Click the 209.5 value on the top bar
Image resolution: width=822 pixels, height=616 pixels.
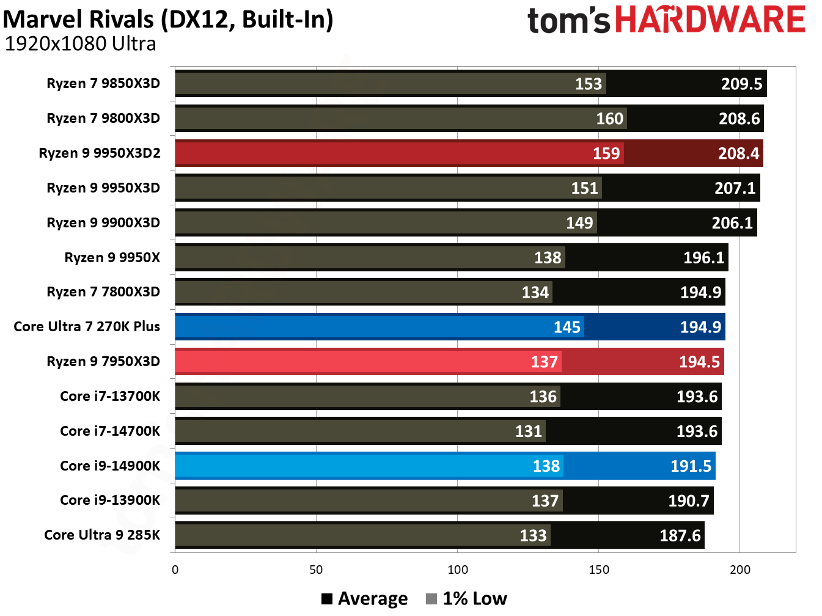(x=741, y=84)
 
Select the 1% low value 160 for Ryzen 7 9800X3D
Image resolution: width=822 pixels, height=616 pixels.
(x=609, y=119)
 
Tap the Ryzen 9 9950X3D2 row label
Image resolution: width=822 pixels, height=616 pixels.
(x=100, y=153)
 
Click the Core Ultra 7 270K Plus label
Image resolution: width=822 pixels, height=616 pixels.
(x=87, y=326)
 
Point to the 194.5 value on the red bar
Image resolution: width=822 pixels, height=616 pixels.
(x=699, y=362)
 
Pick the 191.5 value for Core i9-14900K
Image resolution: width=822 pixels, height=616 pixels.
(x=691, y=466)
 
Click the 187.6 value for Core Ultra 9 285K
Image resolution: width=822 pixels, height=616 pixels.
(x=680, y=536)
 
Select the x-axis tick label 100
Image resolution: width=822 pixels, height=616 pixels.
(x=457, y=570)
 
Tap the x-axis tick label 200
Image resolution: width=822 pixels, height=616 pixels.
(x=739, y=570)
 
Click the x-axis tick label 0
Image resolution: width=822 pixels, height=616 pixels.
(x=175, y=570)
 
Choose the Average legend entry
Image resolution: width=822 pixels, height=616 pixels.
(x=365, y=599)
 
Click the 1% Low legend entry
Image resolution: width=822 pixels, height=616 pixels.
(x=467, y=599)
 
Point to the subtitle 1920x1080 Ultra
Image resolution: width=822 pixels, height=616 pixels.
(x=80, y=44)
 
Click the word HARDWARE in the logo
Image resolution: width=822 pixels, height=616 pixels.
(x=710, y=20)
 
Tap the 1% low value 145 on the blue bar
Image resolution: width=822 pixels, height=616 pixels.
(x=567, y=327)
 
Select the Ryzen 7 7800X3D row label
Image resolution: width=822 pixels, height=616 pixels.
(x=103, y=291)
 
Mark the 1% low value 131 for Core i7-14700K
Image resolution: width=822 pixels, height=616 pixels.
(x=528, y=431)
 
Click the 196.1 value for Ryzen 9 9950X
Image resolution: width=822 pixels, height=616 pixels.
(x=703, y=257)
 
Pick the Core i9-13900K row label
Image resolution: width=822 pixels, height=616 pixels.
(x=110, y=500)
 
